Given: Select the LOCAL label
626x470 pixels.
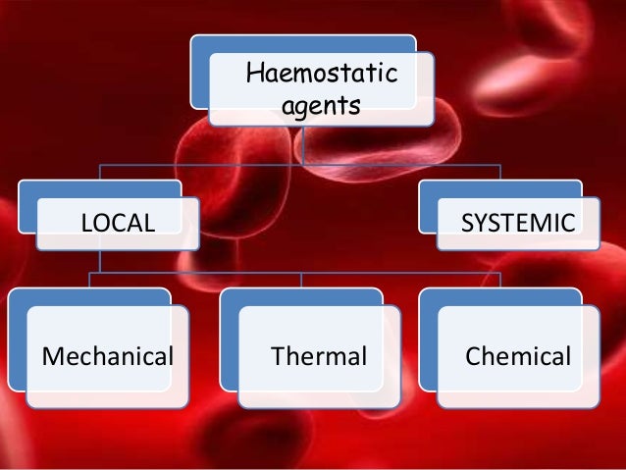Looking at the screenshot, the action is tap(118, 223).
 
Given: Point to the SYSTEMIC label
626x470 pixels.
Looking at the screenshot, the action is tap(518, 223).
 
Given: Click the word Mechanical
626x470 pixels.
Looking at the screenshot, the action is tap(107, 355).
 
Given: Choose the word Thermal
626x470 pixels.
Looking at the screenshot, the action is tap(319, 355).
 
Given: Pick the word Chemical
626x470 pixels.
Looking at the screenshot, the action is tap(517, 355).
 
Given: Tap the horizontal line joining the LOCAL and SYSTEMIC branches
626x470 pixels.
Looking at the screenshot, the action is tap(294, 163).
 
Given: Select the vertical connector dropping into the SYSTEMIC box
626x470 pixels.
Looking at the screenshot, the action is tap(499, 172).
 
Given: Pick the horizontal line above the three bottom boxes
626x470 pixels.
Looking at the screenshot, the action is tap(294, 273).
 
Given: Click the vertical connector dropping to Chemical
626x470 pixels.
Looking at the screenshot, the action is tap(500, 281).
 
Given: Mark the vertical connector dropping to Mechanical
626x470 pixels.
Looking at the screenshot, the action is tap(90, 281).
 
